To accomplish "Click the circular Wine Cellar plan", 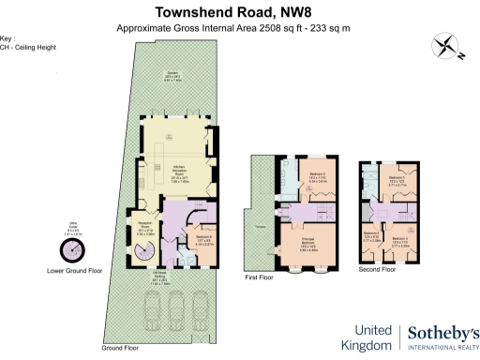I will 71,250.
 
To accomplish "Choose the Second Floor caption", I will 379,268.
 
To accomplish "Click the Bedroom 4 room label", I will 402,241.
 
